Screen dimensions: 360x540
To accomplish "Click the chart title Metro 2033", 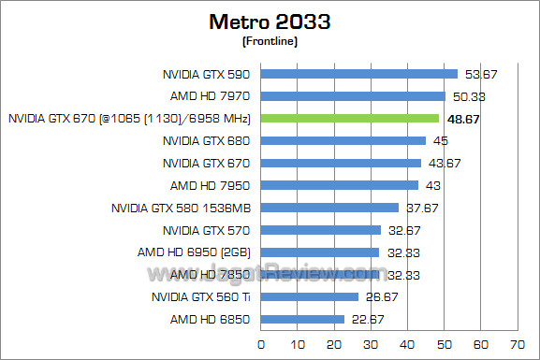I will click(270, 21).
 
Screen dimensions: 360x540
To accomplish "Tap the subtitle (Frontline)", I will click(270, 41).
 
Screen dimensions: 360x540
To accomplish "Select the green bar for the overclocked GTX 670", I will click(350, 119).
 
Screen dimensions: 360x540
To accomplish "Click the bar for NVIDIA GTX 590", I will click(359, 74).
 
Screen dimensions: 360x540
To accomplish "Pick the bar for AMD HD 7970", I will click(353, 96).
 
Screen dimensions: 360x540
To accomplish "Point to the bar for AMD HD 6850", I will click(302, 319).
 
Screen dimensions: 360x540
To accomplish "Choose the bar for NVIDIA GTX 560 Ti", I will click(310, 296).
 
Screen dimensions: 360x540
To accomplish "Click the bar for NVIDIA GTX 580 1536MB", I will click(329, 208).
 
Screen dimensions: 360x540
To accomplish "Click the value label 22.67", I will click(365, 319).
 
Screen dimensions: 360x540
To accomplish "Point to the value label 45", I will click(439, 141).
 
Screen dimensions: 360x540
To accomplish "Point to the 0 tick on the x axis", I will click(261, 344).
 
